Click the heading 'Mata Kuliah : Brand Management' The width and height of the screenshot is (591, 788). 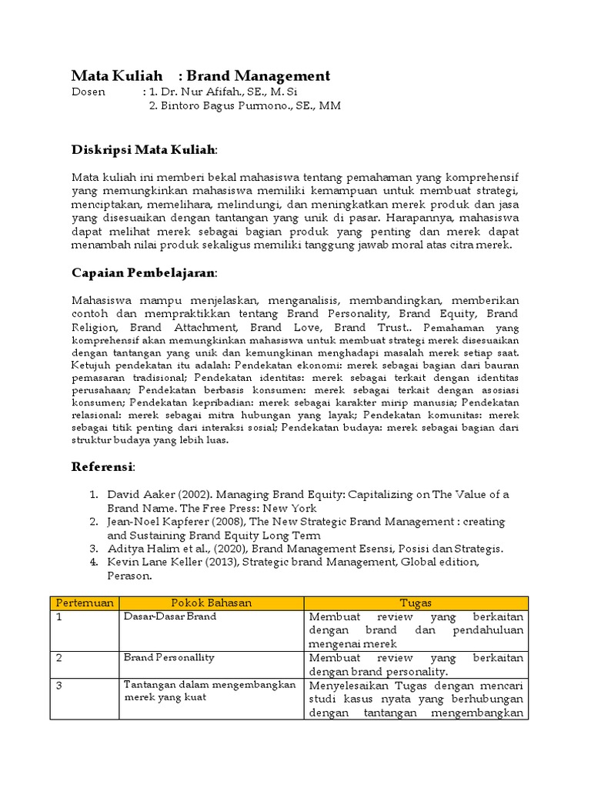(200, 75)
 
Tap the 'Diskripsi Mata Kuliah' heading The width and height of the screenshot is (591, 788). (144, 149)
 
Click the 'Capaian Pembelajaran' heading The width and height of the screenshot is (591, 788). (144, 272)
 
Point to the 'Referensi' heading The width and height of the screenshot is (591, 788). (103, 466)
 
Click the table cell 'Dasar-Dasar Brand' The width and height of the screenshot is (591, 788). (170, 616)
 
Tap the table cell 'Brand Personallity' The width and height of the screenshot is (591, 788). (169, 658)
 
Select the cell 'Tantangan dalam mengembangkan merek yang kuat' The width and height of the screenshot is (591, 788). (209, 691)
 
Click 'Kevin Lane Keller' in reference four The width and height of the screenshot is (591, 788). (156, 563)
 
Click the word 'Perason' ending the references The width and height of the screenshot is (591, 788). (130, 576)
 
